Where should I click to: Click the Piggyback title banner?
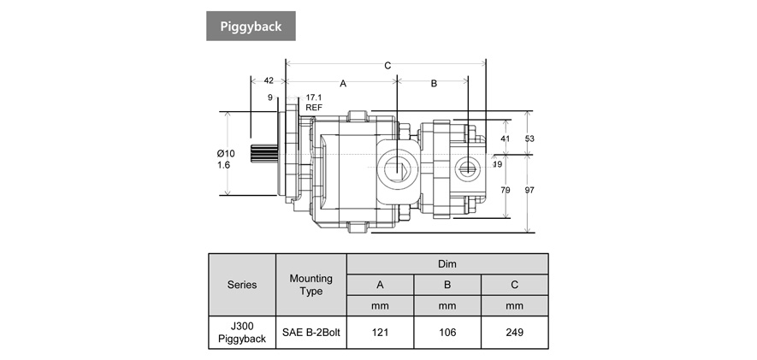tap(251, 26)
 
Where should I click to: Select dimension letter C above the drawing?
tap(387, 66)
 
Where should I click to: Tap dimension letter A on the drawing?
tap(343, 84)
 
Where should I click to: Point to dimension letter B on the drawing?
tap(434, 84)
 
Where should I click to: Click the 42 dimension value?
tap(269, 80)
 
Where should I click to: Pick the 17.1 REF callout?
tap(313, 103)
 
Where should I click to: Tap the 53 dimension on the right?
tap(529, 139)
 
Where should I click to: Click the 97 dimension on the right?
tap(529, 190)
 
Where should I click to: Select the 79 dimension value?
tap(505, 190)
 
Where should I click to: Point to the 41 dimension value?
tap(505, 139)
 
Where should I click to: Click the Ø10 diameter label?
tap(225, 153)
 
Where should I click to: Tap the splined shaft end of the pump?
tap(264, 159)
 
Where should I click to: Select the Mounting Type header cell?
tap(311, 285)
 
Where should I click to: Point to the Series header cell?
tap(242, 285)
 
